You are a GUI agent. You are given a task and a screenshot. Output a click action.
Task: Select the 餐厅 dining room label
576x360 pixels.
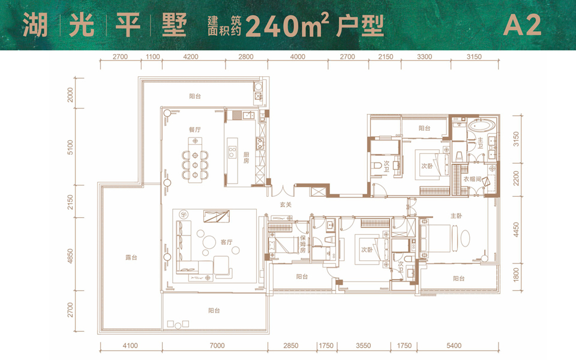pos(178,129)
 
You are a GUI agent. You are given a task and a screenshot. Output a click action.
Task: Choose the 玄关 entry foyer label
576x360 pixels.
pos(286,205)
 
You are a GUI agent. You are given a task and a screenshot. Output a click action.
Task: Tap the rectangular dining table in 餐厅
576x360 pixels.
pos(194,160)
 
